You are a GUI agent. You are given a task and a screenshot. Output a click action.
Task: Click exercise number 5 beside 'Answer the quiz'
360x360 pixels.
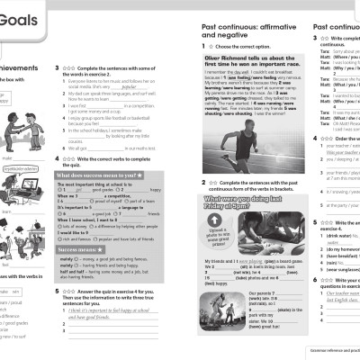click(59, 317)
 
